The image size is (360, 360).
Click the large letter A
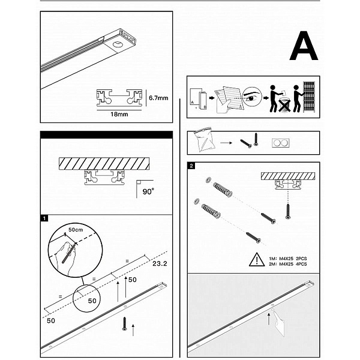(x=304, y=46)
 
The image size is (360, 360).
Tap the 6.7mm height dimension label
(x=158, y=98)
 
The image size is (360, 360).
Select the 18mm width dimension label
(x=119, y=114)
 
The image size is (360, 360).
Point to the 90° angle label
(x=148, y=191)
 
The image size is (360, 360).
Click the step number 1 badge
(x=44, y=218)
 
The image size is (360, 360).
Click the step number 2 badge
(x=191, y=166)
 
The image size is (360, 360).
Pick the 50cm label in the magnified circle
(x=76, y=230)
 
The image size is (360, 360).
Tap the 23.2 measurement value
(x=160, y=263)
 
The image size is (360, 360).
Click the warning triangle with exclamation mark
(x=257, y=260)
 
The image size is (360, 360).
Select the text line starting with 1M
(x=288, y=259)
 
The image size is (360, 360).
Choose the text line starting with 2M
(x=288, y=264)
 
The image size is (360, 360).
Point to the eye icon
(x=251, y=97)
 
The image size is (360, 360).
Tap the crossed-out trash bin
(x=284, y=105)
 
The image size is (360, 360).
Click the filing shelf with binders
(x=308, y=97)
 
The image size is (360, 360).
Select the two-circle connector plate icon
(x=281, y=143)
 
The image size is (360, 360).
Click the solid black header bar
(x=107, y=135)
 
